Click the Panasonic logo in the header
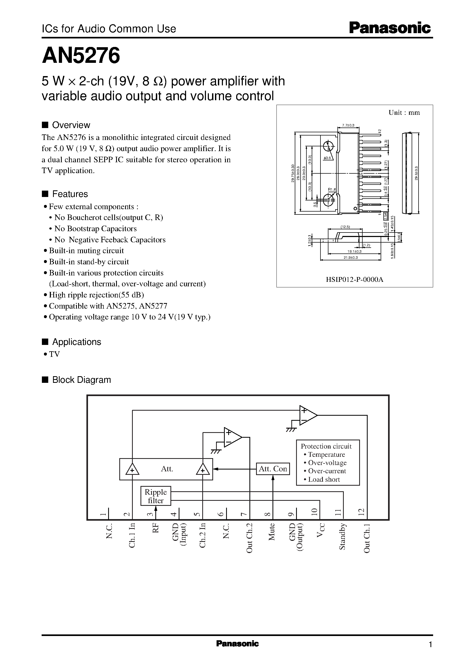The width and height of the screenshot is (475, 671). (x=390, y=28)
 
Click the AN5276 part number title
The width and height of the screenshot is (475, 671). (x=81, y=56)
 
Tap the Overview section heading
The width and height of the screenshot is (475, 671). (x=71, y=125)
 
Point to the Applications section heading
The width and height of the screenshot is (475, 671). (x=76, y=342)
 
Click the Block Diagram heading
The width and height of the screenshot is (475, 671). (x=81, y=380)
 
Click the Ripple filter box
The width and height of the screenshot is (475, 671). (x=156, y=496)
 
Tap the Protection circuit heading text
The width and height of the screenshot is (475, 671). (x=326, y=446)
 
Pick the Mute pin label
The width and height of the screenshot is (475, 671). (x=272, y=532)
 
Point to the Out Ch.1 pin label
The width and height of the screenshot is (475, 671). (x=367, y=538)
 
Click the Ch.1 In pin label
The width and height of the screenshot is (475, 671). (x=132, y=535)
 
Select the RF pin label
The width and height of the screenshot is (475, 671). (x=155, y=528)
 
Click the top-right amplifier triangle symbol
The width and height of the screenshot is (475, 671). (x=307, y=415)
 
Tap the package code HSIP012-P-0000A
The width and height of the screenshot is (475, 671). (x=354, y=279)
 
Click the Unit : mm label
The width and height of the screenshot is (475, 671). (x=404, y=113)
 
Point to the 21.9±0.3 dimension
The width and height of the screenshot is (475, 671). (x=351, y=257)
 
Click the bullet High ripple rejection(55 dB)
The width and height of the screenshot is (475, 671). (x=96, y=295)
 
